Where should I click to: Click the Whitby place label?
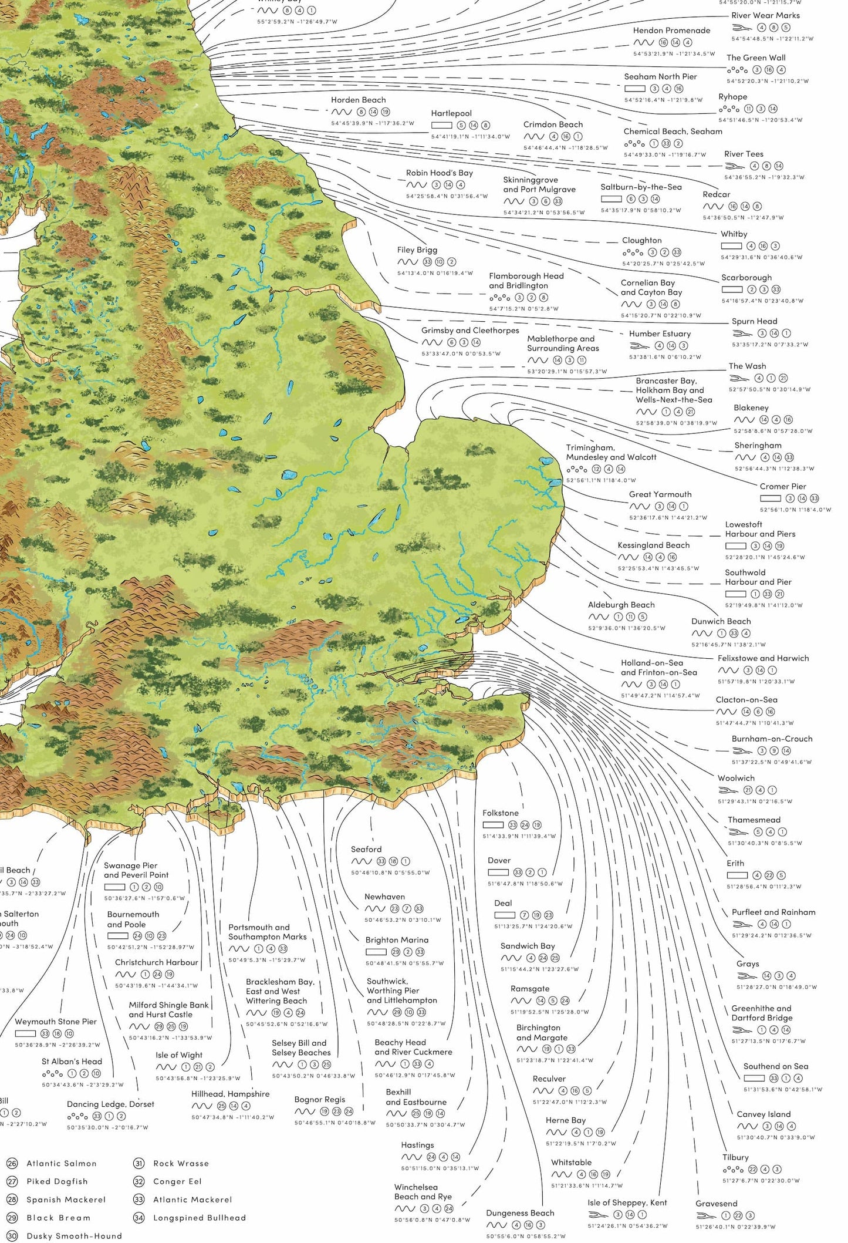[x=734, y=234]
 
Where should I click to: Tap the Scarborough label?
[x=746, y=278]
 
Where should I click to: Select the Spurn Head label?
[x=754, y=321]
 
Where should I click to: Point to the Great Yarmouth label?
[x=660, y=494]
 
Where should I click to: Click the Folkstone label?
[x=500, y=813]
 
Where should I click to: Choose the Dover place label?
[x=499, y=860]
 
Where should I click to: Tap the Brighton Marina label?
[x=397, y=940]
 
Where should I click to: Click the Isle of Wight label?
[x=179, y=1055]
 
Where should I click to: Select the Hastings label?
[x=417, y=1145]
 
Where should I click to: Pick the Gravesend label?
[x=716, y=1204]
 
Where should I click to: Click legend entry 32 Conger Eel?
[x=177, y=1181]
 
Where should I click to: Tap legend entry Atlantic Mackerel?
[x=192, y=1200]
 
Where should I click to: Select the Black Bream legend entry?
[x=58, y=1218]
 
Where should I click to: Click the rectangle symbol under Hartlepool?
[x=441, y=125]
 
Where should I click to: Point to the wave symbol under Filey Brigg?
[x=407, y=262]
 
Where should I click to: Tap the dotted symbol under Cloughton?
[x=633, y=252]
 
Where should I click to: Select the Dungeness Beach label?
[x=519, y=1213]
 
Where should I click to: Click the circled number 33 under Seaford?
[x=381, y=861]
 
